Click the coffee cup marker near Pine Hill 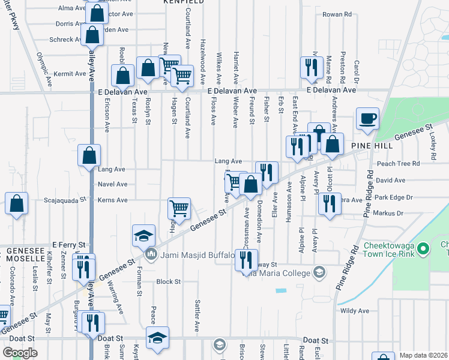(367, 118)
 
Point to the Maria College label (282, 273)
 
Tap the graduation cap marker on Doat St (157, 337)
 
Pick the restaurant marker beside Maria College (246, 260)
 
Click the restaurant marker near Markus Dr (330, 204)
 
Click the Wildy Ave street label (354, 311)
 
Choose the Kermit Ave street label (70, 74)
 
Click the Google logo (20, 352)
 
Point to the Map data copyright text (423, 355)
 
